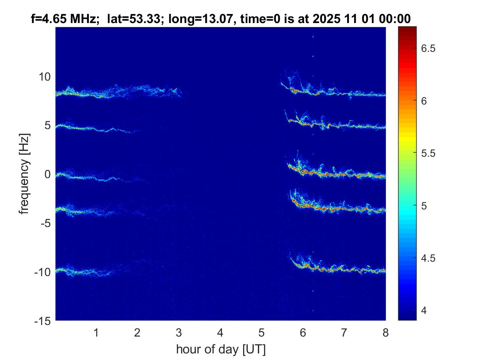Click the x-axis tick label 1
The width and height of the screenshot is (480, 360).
pyautogui.click(x=96, y=332)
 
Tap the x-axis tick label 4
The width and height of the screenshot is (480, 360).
pyautogui.click(x=220, y=332)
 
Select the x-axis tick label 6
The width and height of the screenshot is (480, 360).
pyautogui.click(x=303, y=332)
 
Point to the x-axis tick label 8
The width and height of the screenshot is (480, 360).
pyautogui.click(x=385, y=332)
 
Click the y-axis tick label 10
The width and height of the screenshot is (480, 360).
pyautogui.click(x=44, y=77)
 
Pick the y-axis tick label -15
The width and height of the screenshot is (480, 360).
pyautogui.click(x=42, y=321)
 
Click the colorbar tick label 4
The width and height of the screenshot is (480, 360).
pyautogui.click(x=424, y=310)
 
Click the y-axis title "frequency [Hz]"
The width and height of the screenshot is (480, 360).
pyautogui.click(x=26, y=174)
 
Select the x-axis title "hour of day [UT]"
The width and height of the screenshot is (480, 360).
pyautogui.click(x=220, y=349)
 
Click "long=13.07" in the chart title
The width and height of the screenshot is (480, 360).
pyautogui.click(x=186, y=18)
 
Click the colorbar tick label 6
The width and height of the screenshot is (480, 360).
pyautogui.click(x=424, y=101)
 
